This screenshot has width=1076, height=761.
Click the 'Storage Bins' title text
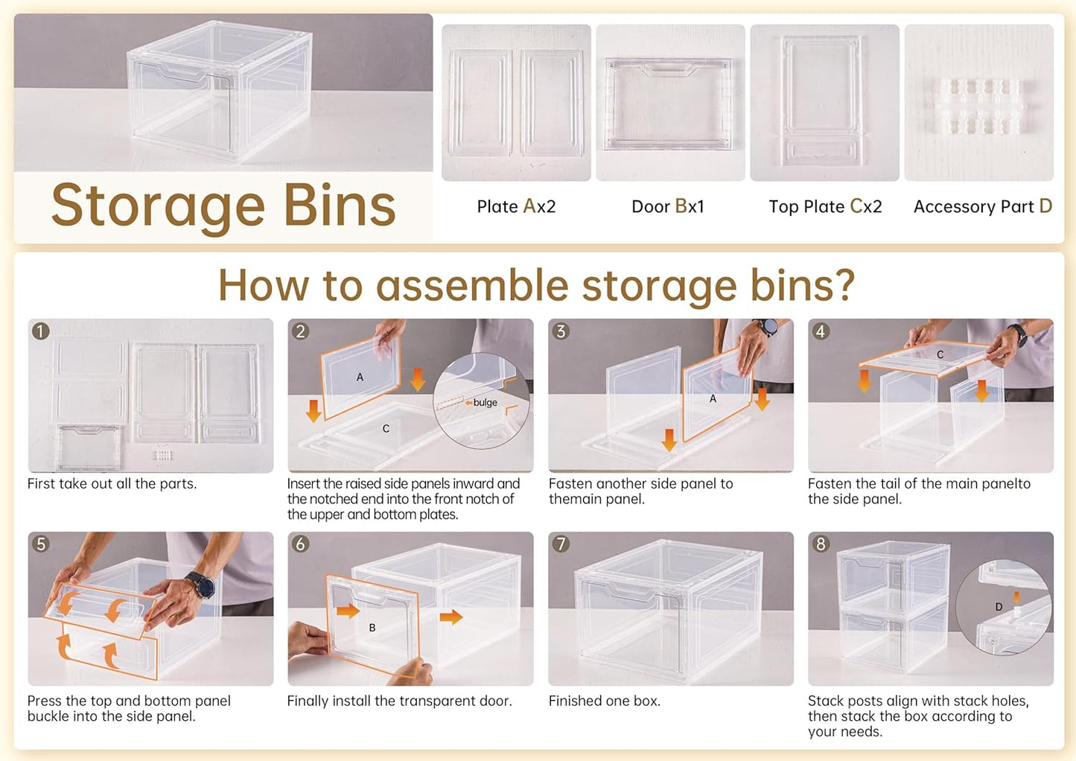tap(223, 206)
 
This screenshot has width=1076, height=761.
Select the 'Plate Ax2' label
tap(516, 206)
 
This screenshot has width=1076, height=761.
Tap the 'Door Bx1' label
tap(667, 206)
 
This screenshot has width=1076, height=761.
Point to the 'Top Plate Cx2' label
tap(825, 206)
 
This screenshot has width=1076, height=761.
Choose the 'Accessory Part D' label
tap(982, 206)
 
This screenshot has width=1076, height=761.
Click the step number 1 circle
tap(41, 331)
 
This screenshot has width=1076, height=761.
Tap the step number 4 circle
tap(821, 331)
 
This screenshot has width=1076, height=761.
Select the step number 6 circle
tap(301, 544)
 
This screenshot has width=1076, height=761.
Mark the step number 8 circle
tap(821, 544)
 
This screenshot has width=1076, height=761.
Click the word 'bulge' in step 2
tap(485, 402)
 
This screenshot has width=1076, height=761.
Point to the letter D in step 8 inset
tap(999, 607)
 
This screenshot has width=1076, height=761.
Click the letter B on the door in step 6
tap(372, 628)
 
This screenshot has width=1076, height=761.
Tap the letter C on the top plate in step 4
tap(940, 354)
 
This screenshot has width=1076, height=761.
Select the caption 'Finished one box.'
tap(604, 701)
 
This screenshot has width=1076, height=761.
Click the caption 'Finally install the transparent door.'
tap(399, 701)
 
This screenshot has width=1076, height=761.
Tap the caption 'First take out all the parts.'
tap(112, 483)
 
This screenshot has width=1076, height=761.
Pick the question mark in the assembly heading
tap(844, 285)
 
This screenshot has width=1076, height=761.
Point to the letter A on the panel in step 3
tap(713, 398)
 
